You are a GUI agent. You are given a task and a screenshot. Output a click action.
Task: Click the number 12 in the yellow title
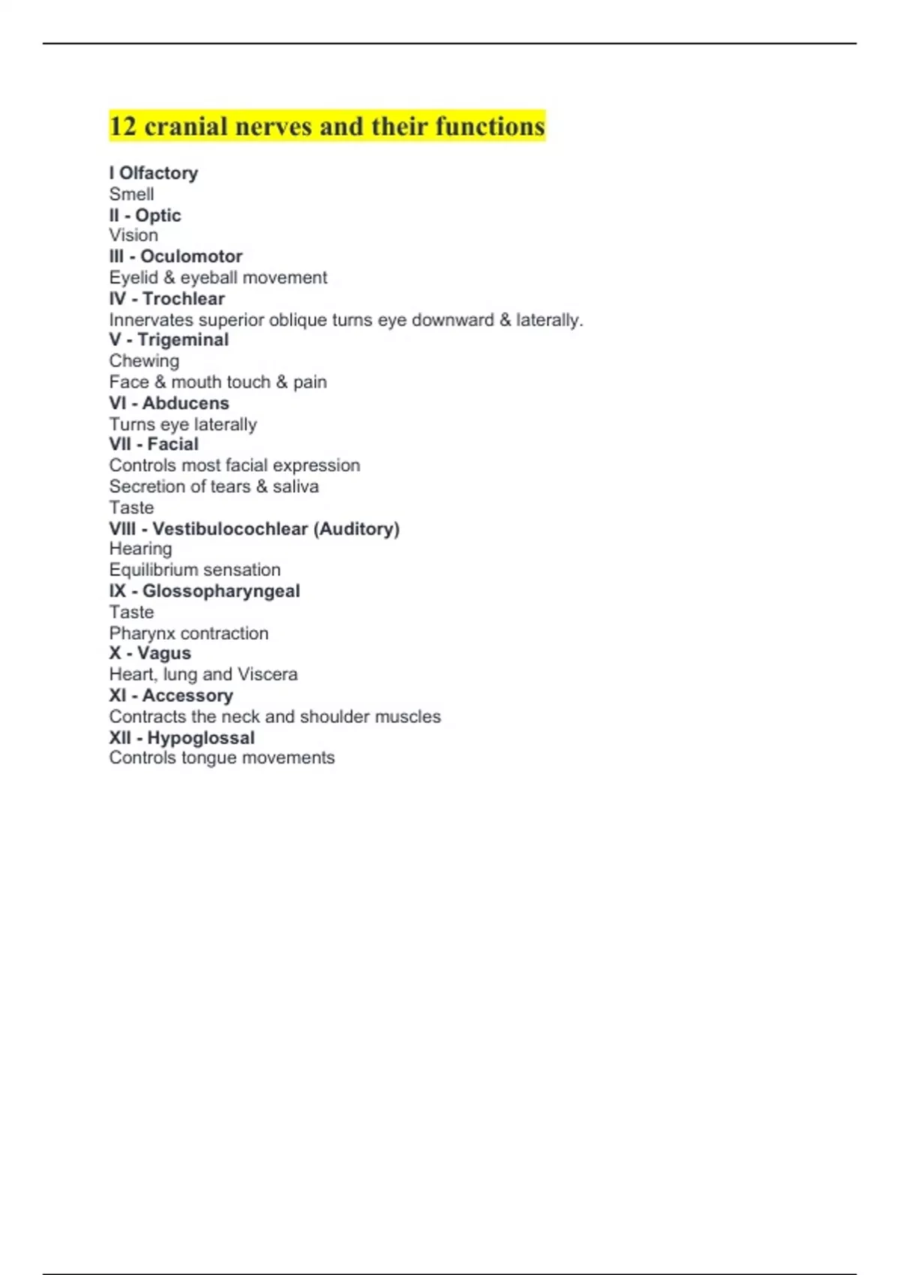click(x=123, y=126)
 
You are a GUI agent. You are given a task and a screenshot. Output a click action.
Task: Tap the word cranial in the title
click(x=185, y=126)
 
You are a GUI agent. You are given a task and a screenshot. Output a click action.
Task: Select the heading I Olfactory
click(x=154, y=173)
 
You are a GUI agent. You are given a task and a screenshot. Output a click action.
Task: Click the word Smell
click(x=131, y=194)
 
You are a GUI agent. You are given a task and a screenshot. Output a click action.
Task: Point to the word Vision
click(x=133, y=235)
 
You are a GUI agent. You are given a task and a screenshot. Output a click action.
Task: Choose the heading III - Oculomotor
click(x=175, y=256)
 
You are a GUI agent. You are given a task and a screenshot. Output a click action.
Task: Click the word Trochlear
click(x=184, y=298)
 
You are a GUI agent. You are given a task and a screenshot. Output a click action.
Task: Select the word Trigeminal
click(x=183, y=340)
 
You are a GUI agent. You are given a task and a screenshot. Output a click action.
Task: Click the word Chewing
click(x=144, y=361)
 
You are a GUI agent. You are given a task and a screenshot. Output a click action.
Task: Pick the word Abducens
click(x=185, y=403)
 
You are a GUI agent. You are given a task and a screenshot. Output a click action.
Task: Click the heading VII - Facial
click(x=154, y=444)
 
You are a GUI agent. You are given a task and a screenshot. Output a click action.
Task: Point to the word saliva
click(x=295, y=487)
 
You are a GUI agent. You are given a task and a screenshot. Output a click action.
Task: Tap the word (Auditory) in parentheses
click(x=356, y=529)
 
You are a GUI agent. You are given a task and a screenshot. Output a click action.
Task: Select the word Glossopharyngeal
click(x=220, y=591)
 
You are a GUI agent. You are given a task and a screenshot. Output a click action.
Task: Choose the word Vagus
click(x=163, y=653)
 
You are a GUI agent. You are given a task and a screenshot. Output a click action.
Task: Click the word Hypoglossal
click(x=200, y=738)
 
